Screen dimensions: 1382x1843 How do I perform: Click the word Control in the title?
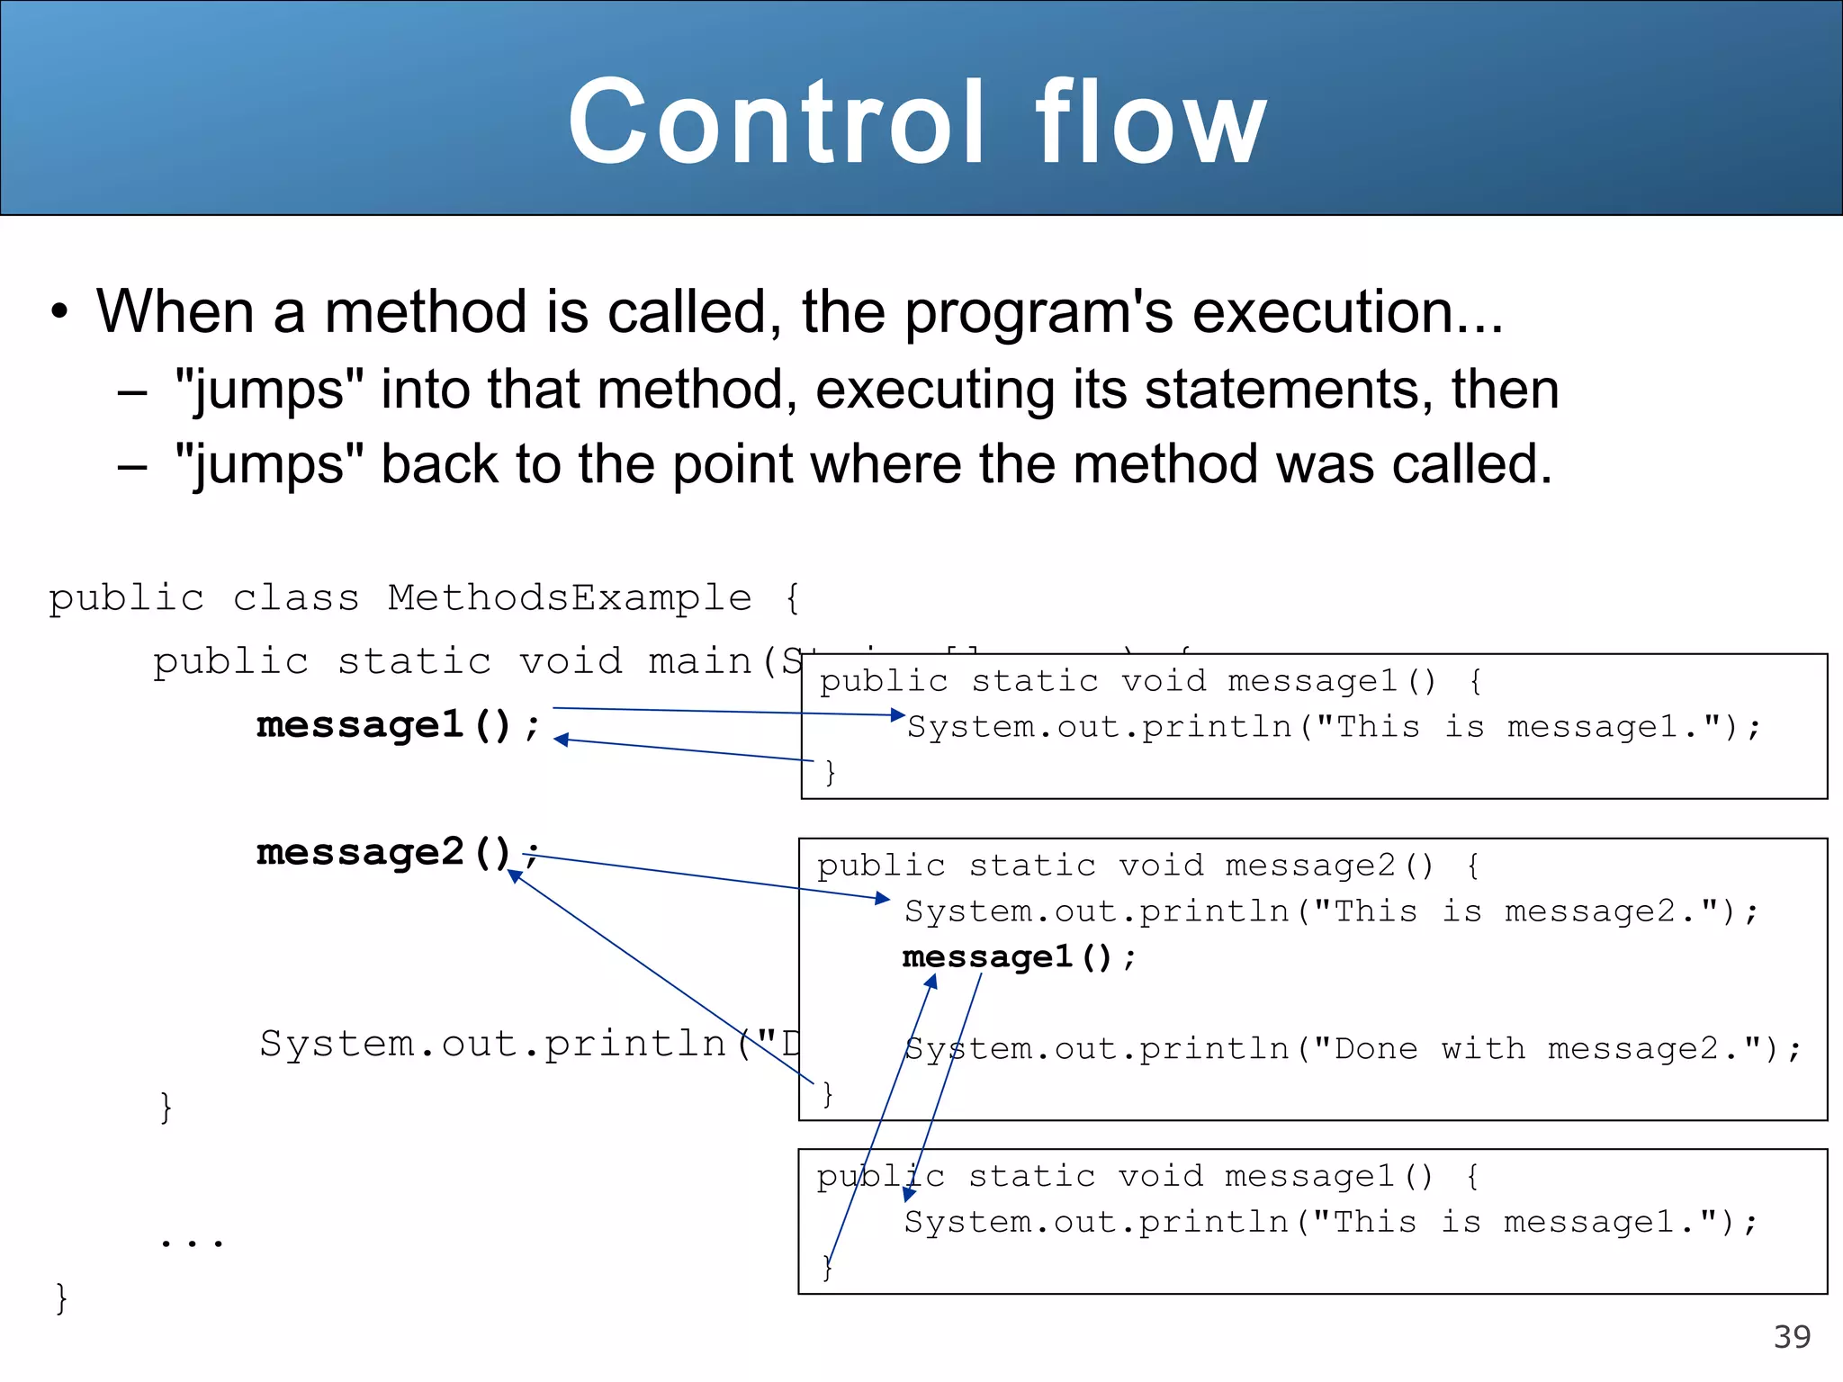tap(775, 121)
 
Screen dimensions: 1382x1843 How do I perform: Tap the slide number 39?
tap(1792, 1337)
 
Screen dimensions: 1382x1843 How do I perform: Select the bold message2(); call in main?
tap(396, 852)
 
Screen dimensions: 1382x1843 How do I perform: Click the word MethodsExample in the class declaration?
tap(570, 598)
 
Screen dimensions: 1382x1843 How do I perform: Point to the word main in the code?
tap(700, 662)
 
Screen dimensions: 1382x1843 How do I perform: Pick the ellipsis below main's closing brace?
tap(191, 1243)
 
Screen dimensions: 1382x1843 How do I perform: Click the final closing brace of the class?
tap(61, 1298)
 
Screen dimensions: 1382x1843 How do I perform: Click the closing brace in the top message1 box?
tap(830, 772)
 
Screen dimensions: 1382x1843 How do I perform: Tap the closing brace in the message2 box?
tap(827, 1094)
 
